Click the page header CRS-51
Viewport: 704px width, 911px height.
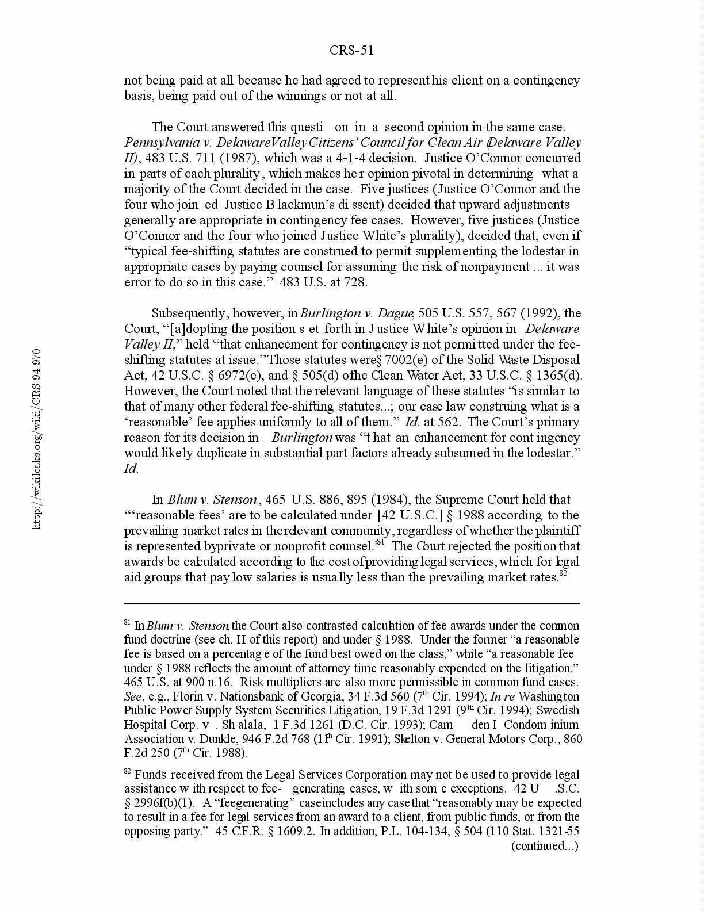(351, 51)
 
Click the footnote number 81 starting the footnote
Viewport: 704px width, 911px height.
(128, 623)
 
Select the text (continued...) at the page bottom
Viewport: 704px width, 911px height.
(545, 845)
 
